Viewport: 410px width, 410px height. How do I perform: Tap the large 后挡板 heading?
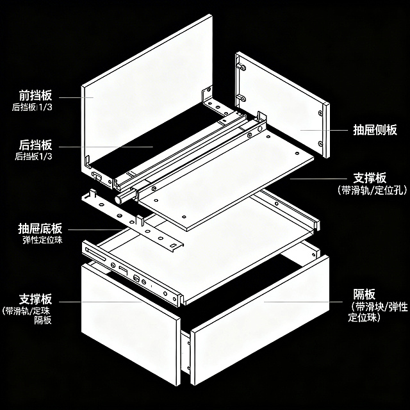pyautogui.click(x=36, y=145)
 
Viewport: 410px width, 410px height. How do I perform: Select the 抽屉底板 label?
pyautogui.click(x=40, y=229)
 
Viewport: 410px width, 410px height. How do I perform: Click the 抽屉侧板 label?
pyautogui.click(x=375, y=130)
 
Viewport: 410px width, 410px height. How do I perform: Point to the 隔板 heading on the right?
pyautogui.click(x=365, y=295)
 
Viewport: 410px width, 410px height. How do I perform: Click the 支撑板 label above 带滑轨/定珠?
pyautogui.click(x=35, y=299)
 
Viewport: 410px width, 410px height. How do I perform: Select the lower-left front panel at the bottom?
pyautogui.click(x=128, y=320)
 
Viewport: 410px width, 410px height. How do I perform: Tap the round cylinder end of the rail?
pyautogui.click(x=119, y=199)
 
